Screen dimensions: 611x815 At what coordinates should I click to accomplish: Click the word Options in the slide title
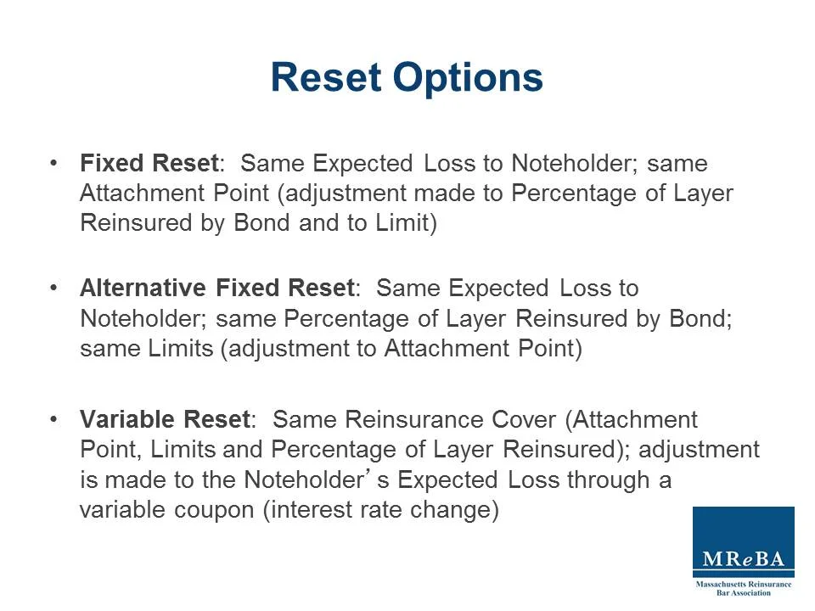[x=467, y=77]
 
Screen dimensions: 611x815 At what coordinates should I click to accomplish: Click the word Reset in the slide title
[x=326, y=77]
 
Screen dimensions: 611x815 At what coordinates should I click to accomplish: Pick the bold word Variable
[x=128, y=419]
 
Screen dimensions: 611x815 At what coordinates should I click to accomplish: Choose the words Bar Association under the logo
[x=744, y=592]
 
